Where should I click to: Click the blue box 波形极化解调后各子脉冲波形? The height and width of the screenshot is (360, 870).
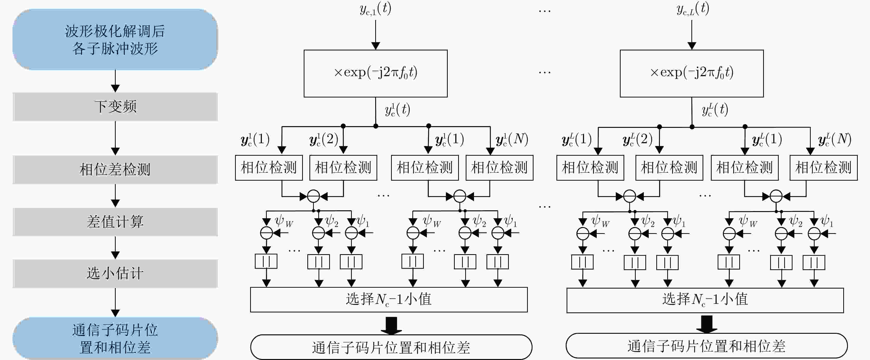pos(115,40)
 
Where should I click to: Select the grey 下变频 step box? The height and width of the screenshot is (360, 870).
pos(115,107)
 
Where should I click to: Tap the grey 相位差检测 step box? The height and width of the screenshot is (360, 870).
pos(115,169)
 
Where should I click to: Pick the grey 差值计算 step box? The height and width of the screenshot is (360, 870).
pos(115,222)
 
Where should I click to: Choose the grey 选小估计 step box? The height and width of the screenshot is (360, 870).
pos(115,273)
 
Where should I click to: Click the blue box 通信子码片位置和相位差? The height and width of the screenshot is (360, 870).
pos(115,338)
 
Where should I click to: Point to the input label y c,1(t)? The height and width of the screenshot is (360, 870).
pos(375,9)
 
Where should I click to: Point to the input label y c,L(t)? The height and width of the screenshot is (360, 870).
pos(693,9)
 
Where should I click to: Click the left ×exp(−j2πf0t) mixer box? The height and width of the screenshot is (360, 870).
pos(375,74)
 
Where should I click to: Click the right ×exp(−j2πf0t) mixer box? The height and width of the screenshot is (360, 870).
pos(692,74)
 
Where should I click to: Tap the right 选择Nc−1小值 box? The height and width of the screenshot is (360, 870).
pos(705,300)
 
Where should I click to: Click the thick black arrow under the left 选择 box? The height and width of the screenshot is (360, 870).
pos(391,325)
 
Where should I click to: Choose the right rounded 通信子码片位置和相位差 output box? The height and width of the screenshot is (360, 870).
pos(706,346)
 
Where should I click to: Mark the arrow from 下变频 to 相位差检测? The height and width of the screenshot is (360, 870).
pos(115,138)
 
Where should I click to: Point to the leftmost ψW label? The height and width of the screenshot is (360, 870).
pos(284,221)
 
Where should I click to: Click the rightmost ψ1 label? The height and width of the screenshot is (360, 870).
pos(826,221)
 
